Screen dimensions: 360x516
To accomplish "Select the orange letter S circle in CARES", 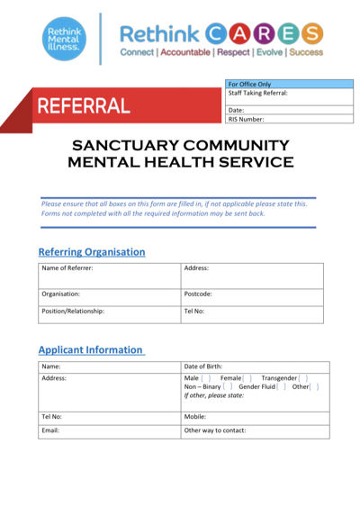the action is coord(311,34).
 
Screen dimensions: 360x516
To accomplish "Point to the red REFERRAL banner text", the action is coord(84,106).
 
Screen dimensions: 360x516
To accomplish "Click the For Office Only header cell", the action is coord(289,84).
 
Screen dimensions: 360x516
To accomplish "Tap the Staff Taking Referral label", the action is coord(258,93).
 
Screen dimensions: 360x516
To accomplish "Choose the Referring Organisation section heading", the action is coord(91,251).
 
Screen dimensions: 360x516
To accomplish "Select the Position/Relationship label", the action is coord(73,312).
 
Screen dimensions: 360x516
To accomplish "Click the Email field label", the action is coord(51,430).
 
